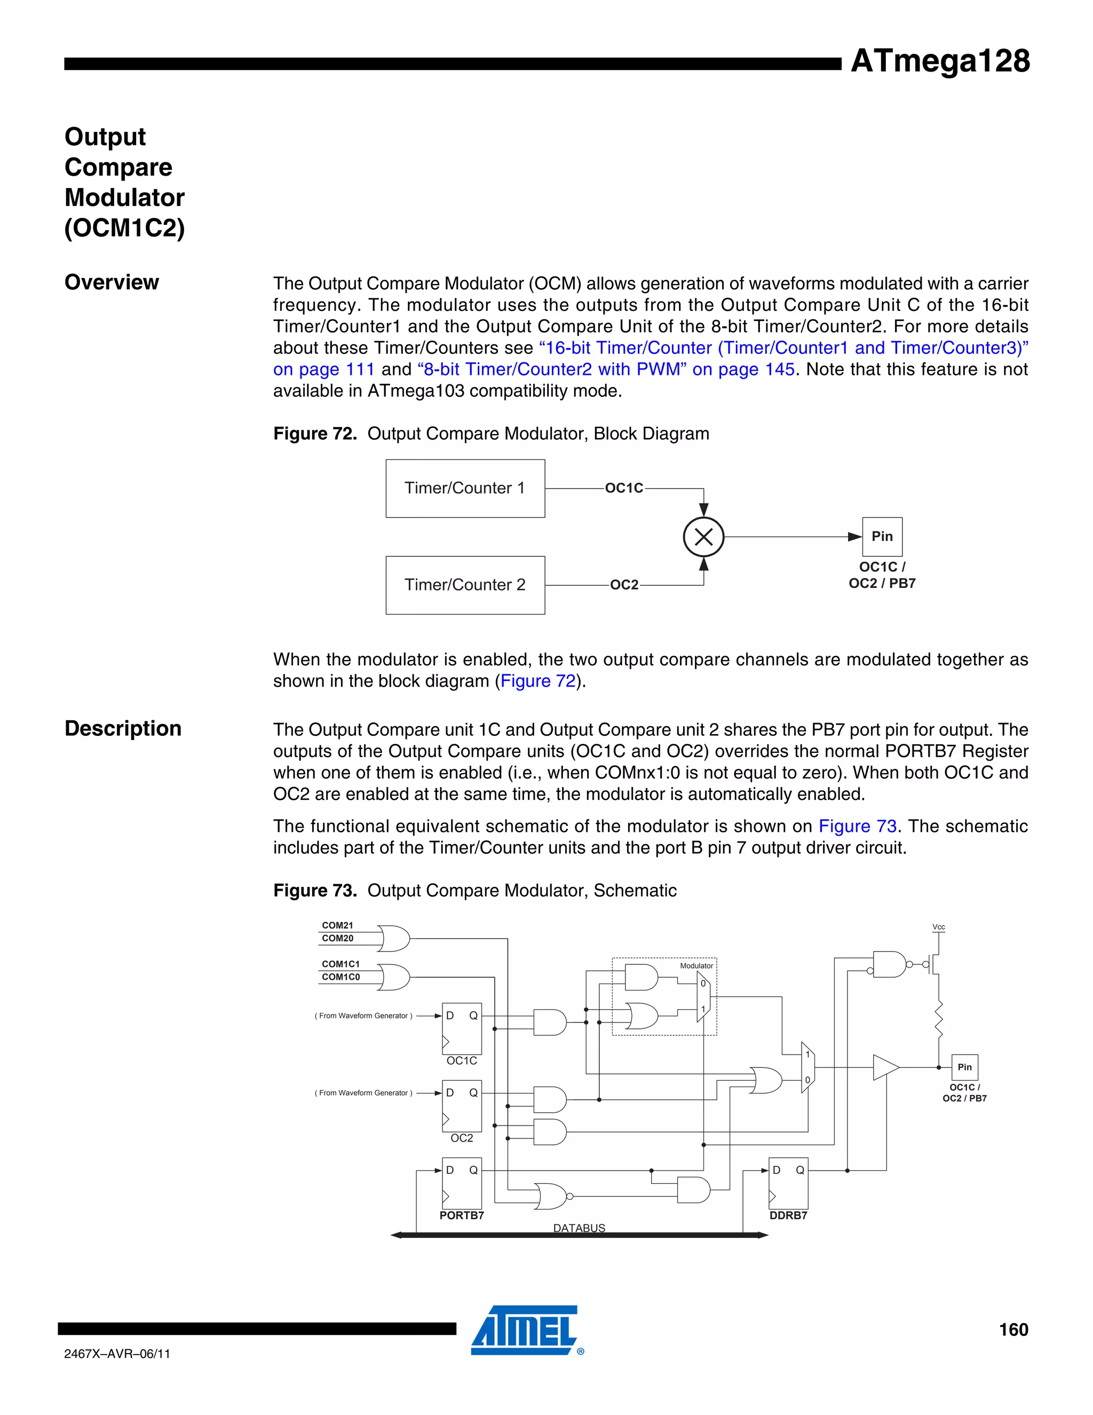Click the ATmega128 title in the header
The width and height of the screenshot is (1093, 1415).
(x=939, y=61)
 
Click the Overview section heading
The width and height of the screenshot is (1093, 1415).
(x=112, y=282)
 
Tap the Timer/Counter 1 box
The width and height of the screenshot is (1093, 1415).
(x=465, y=489)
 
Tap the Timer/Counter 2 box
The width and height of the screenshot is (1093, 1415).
(x=465, y=585)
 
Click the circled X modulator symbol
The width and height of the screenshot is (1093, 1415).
(x=703, y=537)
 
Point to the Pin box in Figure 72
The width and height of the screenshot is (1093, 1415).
(x=882, y=537)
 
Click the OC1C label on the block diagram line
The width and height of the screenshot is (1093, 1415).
(x=623, y=489)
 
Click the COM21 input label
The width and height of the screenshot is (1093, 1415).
(x=337, y=925)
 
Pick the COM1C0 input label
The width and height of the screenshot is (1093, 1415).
(x=340, y=977)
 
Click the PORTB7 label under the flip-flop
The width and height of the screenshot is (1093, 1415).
(x=462, y=1215)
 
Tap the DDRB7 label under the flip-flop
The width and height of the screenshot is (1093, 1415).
(x=788, y=1215)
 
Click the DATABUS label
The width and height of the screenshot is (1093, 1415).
(x=579, y=1228)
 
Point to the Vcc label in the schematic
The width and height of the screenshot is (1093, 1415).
(x=938, y=927)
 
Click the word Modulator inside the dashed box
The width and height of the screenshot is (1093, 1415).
(x=696, y=965)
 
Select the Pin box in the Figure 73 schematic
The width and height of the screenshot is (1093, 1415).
(x=964, y=1067)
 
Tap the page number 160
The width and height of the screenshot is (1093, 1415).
(x=1013, y=1330)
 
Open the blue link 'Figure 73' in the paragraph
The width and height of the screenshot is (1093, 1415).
(x=857, y=826)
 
